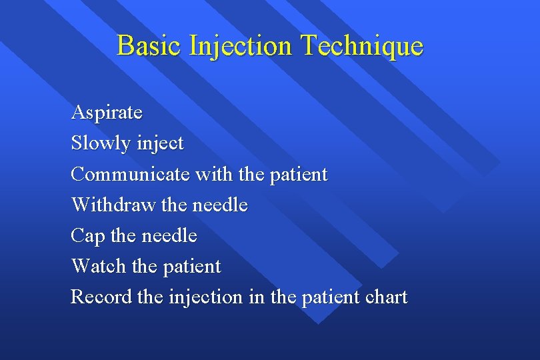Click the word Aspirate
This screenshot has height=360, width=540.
pos(107,113)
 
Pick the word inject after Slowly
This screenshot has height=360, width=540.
pos(161,143)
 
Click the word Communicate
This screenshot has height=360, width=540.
pos(130,174)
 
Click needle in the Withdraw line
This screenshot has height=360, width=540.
pos(219,205)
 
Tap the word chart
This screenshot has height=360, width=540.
pos(385,297)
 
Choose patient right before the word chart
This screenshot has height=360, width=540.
pos(329,297)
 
